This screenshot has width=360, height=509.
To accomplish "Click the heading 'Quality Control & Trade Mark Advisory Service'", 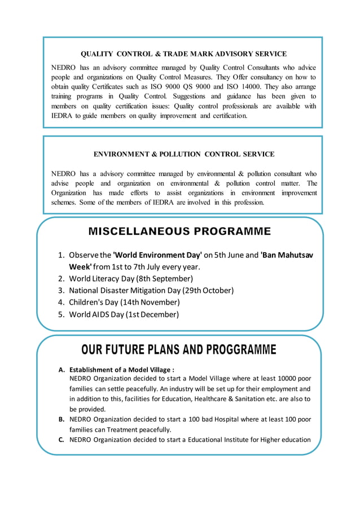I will (183, 54).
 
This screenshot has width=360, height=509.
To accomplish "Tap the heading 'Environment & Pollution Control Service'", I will (183, 153).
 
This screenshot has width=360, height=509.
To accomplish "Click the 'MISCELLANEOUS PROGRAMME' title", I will (179, 231).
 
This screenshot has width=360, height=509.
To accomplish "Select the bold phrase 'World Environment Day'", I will (157, 255).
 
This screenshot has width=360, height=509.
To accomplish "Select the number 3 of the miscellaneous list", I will (62, 291).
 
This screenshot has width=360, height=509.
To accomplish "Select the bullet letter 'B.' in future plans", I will (61, 419).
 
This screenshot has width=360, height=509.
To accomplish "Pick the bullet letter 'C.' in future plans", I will (61, 440).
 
